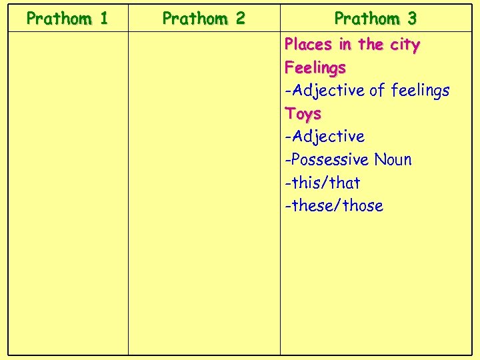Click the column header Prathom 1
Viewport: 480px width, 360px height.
tap(67, 18)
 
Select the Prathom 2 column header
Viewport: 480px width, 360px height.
tap(203, 18)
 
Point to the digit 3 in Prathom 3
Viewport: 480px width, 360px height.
tap(411, 18)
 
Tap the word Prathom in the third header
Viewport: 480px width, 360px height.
tap(366, 18)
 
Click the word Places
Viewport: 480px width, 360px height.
tap(308, 45)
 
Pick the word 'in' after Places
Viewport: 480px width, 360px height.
tap(345, 45)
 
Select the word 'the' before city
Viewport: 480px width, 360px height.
tap(371, 45)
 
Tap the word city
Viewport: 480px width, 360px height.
tap(404, 45)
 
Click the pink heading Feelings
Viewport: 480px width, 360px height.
tap(315, 68)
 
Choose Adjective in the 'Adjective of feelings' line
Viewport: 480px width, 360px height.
tap(327, 91)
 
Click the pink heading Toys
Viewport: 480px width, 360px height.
tap(303, 114)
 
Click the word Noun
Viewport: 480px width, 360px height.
tap(393, 160)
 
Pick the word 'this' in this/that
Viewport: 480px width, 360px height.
tap(307, 183)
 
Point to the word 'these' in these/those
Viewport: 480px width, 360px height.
tap(313, 205)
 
